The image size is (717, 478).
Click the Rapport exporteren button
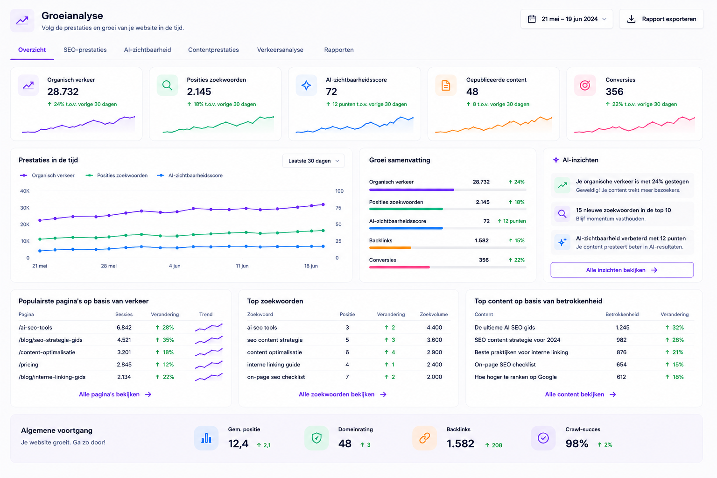pyautogui.click(x=661, y=19)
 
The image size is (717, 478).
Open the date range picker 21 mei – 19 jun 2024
pyautogui.click(x=567, y=19)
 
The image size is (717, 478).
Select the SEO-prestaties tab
pyautogui.click(x=85, y=49)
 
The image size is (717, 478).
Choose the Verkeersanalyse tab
pyautogui.click(x=280, y=49)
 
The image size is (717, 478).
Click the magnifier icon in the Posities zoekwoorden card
pyautogui.click(x=168, y=85)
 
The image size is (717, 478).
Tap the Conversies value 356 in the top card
pyautogui.click(x=614, y=91)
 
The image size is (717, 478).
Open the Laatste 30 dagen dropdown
pyautogui.click(x=313, y=161)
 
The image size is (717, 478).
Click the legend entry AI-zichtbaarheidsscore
pyautogui.click(x=190, y=176)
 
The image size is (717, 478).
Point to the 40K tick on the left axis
pyautogui.click(x=25, y=191)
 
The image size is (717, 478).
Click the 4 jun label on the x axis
pyautogui.click(x=175, y=266)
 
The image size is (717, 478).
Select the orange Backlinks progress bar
pyautogui.click(x=390, y=247)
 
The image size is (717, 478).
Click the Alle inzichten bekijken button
pyautogui.click(x=622, y=270)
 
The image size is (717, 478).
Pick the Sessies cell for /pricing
pyautogui.click(x=124, y=365)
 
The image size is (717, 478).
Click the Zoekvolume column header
pyautogui.click(x=434, y=315)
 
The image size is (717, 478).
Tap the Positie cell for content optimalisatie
pyautogui.click(x=347, y=352)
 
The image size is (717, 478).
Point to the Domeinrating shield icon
pyautogui.click(x=316, y=438)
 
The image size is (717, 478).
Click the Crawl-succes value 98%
pyautogui.click(x=577, y=443)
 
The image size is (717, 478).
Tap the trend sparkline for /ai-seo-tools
pyautogui.click(x=209, y=328)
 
